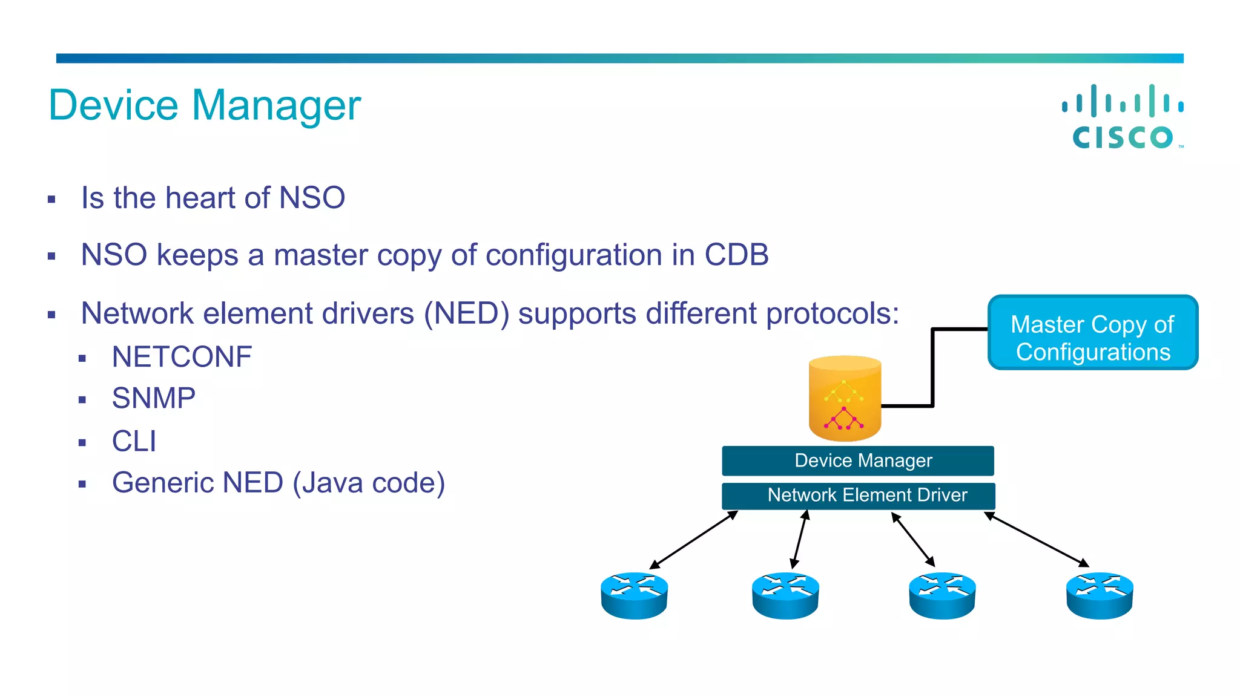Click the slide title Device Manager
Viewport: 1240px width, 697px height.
pyautogui.click(x=205, y=105)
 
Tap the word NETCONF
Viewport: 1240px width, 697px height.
pyautogui.click(x=182, y=357)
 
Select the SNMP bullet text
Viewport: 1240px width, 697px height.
pyautogui.click(x=154, y=399)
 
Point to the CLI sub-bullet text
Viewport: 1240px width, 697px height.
pyautogui.click(x=134, y=441)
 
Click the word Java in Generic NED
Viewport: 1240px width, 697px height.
pyautogui.click(x=332, y=483)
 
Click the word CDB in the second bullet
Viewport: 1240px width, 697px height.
pyautogui.click(x=736, y=255)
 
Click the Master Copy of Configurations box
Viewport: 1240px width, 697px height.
pyautogui.click(x=1092, y=333)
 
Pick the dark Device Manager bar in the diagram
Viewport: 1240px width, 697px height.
pyautogui.click(x=857, y=461)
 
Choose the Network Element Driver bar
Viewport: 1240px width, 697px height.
pyautogui.click(x=857, y=496)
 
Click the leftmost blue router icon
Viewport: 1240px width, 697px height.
pyautogui.click(x=634, y=595)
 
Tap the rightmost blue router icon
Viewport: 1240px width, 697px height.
pyautogui.click(x=1099, y=595)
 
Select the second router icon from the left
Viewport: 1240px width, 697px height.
pyautogui.click(x=785, y=595)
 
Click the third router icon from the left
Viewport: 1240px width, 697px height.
pyautogui.click(x=942, y=595)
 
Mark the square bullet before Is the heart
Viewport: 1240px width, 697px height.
pyautogui.click(x=51, y=199)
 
